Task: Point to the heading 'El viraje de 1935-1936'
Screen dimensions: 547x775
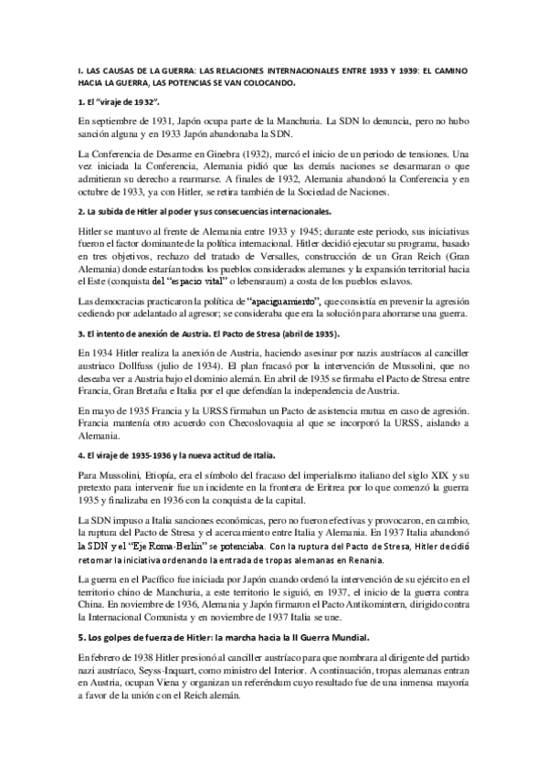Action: coord(184,454)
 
